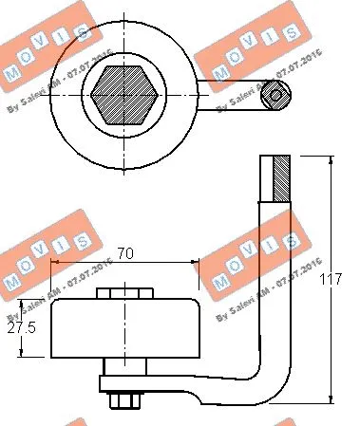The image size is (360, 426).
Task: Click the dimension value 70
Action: [123, 253]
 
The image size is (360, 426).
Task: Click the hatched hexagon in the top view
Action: [124, 93]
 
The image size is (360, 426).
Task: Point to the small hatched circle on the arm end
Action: [275, 93]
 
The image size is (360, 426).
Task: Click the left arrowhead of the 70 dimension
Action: [55, 263]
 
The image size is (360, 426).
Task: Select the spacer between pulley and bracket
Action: [123, 368]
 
